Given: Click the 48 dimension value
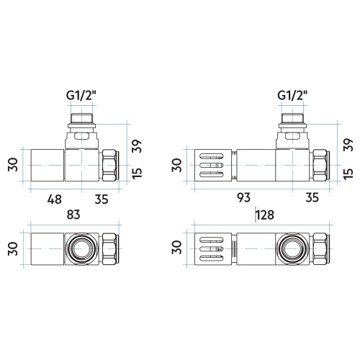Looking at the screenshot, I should click(x=55, y=199).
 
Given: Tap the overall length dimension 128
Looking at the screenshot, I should click(x=266, y=215).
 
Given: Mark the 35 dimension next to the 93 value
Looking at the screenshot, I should click(x=312, y=199).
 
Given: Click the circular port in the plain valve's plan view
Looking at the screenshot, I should click(x=80, y=248).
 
